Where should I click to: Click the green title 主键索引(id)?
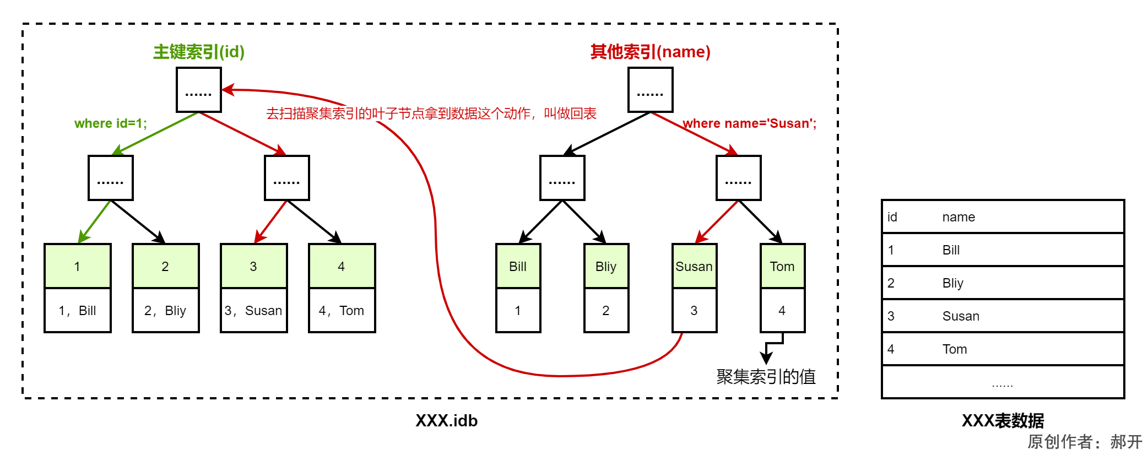[198, 52]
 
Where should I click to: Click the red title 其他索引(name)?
[650, 52]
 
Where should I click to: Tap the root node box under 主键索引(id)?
[198, 90]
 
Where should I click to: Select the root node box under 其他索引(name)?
[650, 90]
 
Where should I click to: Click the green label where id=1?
[110, 123]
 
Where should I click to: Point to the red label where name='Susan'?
[749, 123]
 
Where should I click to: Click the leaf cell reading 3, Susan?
[253, 311]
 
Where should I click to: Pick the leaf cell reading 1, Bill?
[77, 311]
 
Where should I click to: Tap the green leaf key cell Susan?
[694, 266]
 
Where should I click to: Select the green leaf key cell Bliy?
[606, 266]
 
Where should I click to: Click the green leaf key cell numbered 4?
[342, 266]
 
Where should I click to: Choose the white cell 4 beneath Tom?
[782, 311]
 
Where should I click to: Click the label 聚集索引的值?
[766, 377]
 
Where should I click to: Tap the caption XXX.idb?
[446, 421]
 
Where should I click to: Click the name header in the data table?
[959, 217]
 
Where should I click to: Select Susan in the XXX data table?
[961, 316]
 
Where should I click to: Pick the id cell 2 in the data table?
[891, 283]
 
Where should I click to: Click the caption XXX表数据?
[1003, 421]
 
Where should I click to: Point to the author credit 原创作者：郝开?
[1084, 442]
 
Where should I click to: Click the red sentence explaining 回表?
[431, 113]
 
